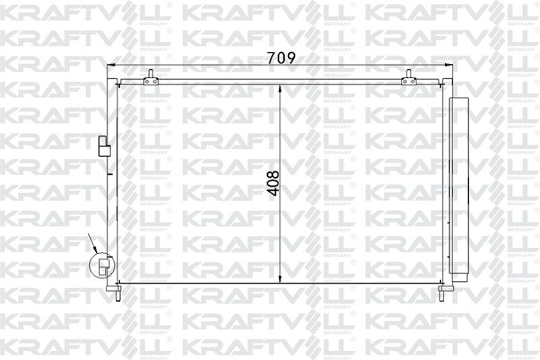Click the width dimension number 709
point(281,58)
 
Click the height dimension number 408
point(274,184)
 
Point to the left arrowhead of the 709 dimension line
point(111,65)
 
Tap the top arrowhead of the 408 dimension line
point(281,89)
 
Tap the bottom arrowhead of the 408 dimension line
point(281,279)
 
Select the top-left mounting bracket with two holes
point(151,82)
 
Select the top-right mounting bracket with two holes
point(409,82)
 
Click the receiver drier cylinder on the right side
point(459,189)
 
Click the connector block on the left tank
point(104,146)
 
